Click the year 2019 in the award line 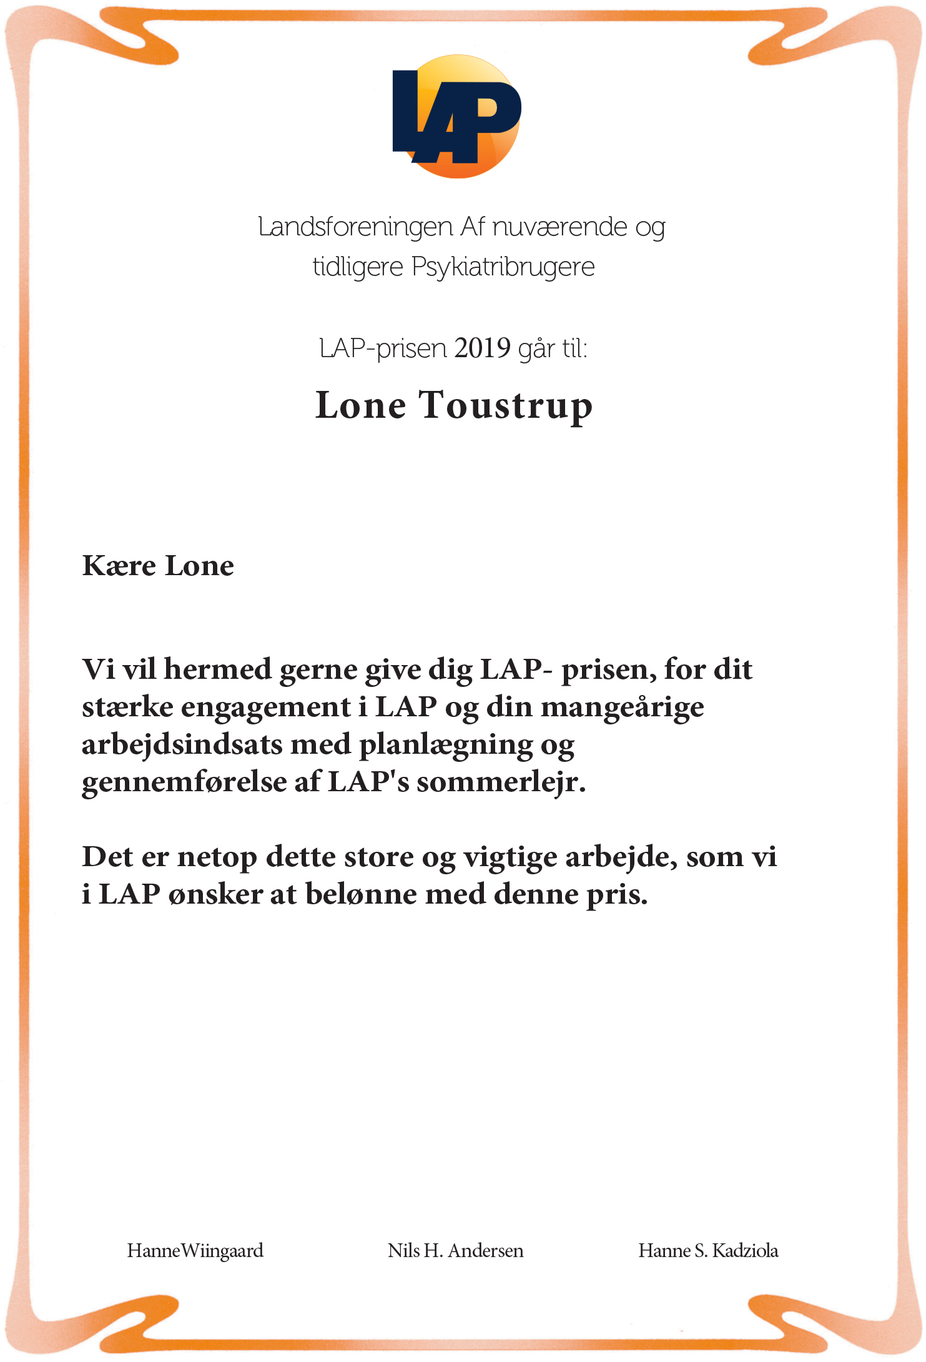482,348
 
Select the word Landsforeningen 355,227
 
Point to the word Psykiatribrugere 503,267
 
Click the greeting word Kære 119,566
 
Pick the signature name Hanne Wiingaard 195,1251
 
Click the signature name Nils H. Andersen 455,1251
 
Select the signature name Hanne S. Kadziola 708,1251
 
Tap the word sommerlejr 501,782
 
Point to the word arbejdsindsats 182,745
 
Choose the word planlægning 446,745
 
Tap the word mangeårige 622,708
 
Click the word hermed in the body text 217,669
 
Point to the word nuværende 559,227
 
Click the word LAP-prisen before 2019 383,348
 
